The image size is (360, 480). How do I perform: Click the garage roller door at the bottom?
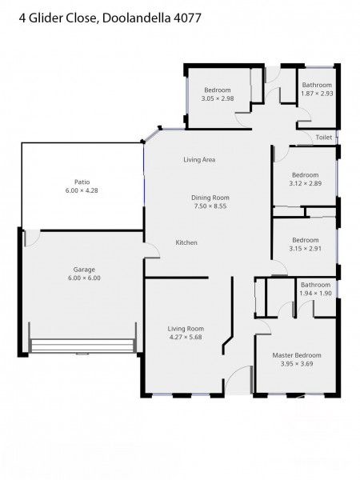tap(81, 346)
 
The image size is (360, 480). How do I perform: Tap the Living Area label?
tap(199, 160)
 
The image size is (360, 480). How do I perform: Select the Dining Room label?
tap(210, 197)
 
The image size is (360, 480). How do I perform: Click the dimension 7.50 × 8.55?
tap(210, 206)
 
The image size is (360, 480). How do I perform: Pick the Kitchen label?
tap(186, 242)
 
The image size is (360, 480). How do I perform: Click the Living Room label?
tap(186, 328)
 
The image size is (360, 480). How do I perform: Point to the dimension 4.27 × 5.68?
tap(186, 337)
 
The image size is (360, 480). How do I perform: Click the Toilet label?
tap(323, 138)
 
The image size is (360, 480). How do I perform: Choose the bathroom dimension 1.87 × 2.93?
tap(316, 94)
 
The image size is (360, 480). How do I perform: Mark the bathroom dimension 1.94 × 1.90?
tap(316, 293)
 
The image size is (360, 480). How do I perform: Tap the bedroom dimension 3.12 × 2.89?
tap(305, 183)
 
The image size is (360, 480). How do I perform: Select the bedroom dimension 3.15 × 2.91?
tap(305, 249)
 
